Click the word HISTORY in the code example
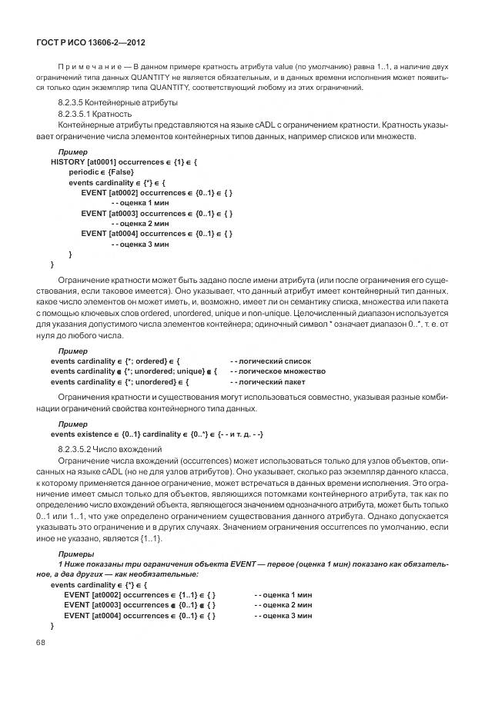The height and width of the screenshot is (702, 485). coord(68,162)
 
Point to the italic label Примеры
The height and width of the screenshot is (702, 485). coord(75,554)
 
